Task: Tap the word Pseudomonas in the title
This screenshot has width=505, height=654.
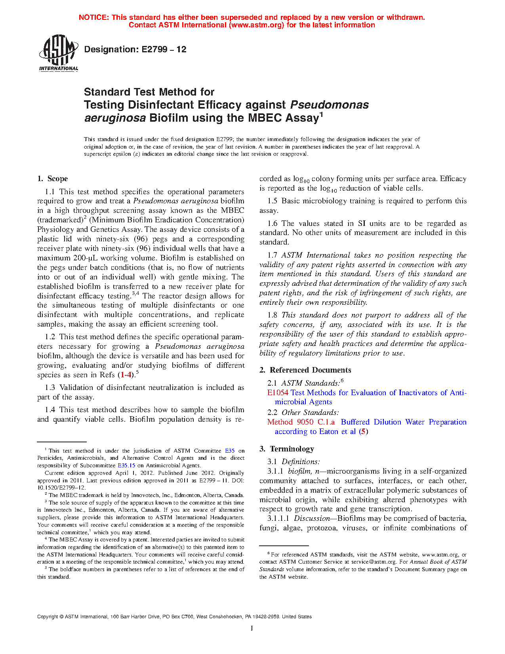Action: tap(330, 105)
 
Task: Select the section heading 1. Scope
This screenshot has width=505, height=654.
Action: tap(53, 179)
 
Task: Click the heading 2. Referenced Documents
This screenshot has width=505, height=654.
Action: tap(305, 370)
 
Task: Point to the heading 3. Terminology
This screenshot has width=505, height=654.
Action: tap(287, 449)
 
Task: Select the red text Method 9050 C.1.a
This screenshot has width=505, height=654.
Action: tap(301, 422)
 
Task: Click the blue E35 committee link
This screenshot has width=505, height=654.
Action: tap(230, 451)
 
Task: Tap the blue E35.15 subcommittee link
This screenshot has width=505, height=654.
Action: tap(126, 466)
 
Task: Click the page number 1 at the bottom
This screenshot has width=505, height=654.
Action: tap(252, 628)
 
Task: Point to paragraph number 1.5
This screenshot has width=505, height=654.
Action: tap(273, 201)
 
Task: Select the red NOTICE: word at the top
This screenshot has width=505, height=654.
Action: tap(94, 17)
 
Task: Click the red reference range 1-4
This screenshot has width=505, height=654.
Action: tap(126, 375)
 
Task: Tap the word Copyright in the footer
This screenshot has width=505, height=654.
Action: tap(47, 617)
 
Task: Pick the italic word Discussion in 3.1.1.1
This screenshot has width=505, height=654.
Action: tap(311, 518)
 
